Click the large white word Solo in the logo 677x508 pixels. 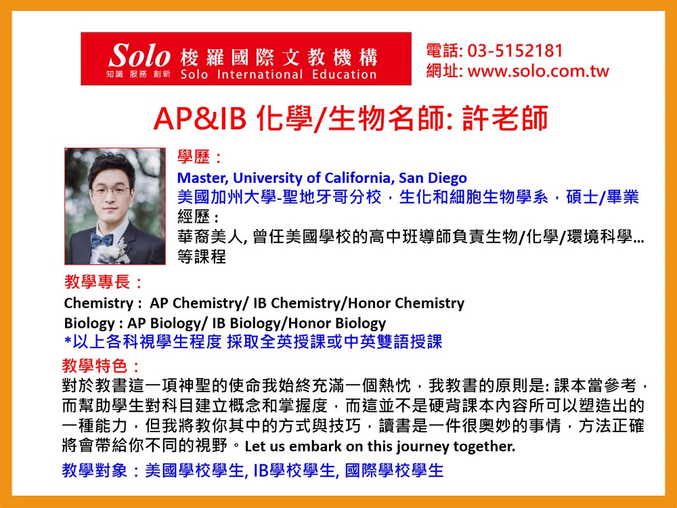point(139,56)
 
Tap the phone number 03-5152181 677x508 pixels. point(515,51)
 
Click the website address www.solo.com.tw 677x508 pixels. point(538,71)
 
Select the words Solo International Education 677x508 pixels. point(278,75)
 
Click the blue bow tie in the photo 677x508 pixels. point(102,239)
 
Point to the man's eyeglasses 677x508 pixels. point(110,190)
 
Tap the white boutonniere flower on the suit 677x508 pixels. point(116,253)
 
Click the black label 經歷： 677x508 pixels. point(198,217)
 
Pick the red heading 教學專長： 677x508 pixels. point(104,282)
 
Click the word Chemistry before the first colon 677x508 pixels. point(98,303)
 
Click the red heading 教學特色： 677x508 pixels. point(102,366)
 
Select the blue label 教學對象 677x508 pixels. point(95,471)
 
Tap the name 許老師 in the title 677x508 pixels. point(505,118)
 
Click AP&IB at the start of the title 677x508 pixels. point(200,119)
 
